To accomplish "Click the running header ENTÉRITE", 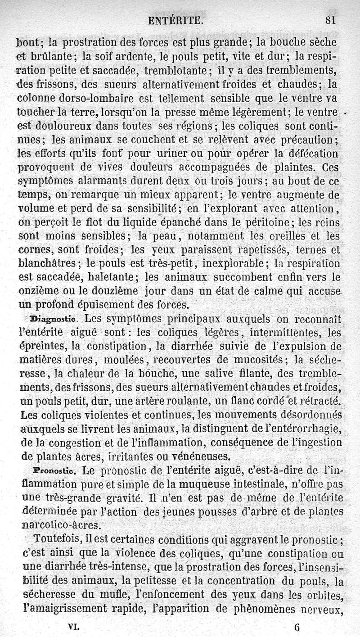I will (179, 20).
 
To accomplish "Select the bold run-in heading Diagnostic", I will (54, 320).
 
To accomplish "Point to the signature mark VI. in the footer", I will (73, 626).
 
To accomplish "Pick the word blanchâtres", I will (47, 263).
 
